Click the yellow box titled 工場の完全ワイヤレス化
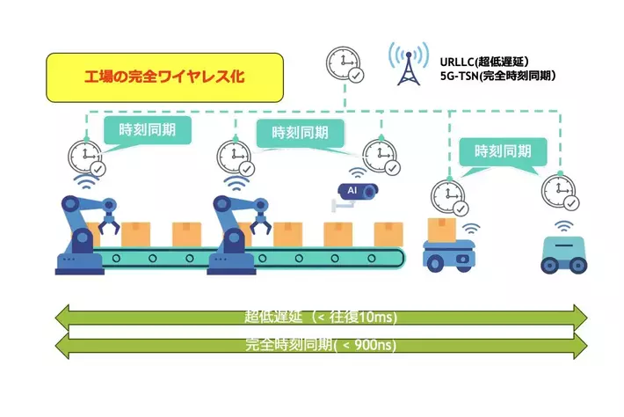164,78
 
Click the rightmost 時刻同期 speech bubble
503,151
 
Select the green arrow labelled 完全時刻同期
320,345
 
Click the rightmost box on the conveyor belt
389,234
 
